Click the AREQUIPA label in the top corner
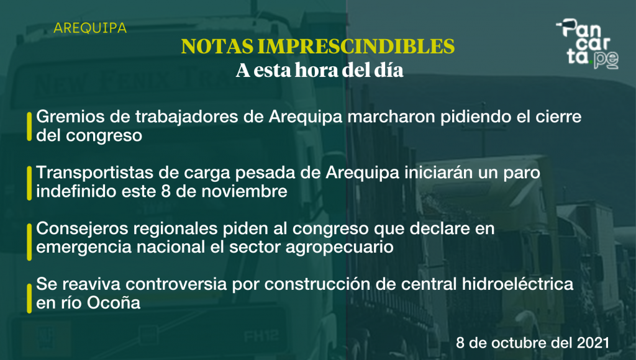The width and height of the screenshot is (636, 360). click(x=90, y=28)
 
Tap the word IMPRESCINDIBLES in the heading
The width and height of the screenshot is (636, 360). click(x=356, y=46)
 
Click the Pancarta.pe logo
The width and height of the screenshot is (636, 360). click(x=588, y=43)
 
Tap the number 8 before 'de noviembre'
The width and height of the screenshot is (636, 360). click(x=165, y=191)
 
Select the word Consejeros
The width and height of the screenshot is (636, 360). click(x=82, y=228)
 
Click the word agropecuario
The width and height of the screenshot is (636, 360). click(x=340, y=247)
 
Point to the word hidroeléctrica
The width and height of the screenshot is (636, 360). click(x=517, y=284)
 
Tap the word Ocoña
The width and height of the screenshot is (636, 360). click(x=114, y=303)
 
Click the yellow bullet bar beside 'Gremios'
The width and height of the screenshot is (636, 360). click(x=29, y=127)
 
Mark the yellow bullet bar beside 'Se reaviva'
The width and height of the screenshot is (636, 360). click(x=29, y=299)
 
